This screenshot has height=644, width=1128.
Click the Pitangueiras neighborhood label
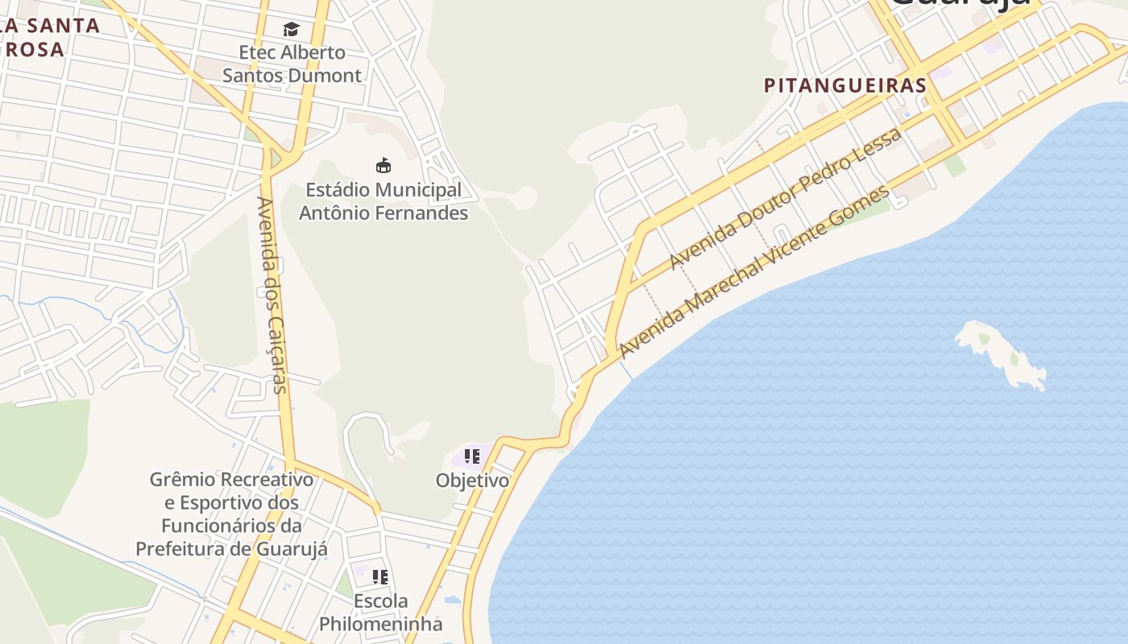pyautogui.click(x=845, y=85)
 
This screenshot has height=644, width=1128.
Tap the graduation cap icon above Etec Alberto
pyautogui.click(x=291, y=30)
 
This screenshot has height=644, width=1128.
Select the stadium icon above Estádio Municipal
pyautogui.click(x=384, y=166)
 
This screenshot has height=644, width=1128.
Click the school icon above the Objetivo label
pyautogui.click(x=472, y=456)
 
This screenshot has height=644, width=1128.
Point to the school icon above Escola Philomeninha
pyautogui.click(x=380, y=577)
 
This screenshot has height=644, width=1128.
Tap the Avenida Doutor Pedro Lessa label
pyautogui.click(x=785, y=199)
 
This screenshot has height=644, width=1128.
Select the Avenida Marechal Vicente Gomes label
pyautogui.click(x=755, y=271)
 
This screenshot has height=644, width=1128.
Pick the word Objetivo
pyautogui.click(x=472, y=481)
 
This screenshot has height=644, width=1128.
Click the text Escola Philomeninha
pyautogui.click(x=381, y=613)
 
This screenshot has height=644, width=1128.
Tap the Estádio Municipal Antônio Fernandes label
pyautogui.click(x=384, y=201)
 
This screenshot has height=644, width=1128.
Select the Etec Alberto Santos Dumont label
pyautogui.click(x=292, y=64)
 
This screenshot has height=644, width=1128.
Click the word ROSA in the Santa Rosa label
pyautogui.click(x=33, y=50)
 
